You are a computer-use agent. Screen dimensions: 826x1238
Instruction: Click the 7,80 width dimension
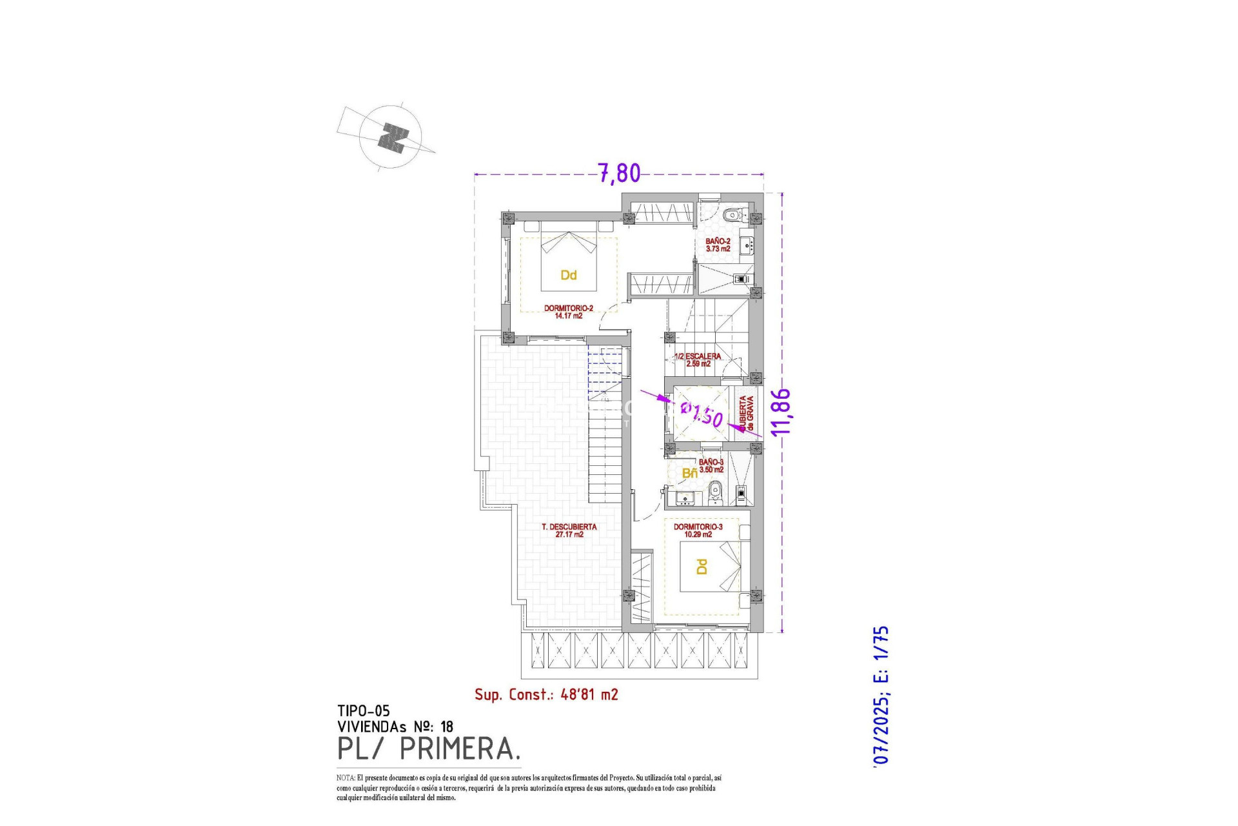[x=619, y=173]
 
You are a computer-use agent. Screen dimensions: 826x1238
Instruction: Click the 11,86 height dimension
[x=781, y=412]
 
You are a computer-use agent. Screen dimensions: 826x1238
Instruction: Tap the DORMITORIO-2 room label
[x=568, y=312]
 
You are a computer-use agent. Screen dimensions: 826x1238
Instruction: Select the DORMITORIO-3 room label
[x=698, y=530]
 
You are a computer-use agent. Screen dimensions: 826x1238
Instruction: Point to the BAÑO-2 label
[x=718, y=245]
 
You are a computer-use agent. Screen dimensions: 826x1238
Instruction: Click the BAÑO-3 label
[x=711, y=466]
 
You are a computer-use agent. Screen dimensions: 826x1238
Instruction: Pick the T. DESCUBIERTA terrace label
[x=569, y=530]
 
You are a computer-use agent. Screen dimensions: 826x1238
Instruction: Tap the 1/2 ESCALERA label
[x=698, y=359]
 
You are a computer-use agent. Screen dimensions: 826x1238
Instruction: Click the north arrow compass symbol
[x=391, y=137]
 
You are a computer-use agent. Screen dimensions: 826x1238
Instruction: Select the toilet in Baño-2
[x=732, y=215]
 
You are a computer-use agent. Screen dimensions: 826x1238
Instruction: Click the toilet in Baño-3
[x=714, y=495]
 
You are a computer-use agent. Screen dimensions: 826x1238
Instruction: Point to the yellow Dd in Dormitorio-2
[x=568, y=276]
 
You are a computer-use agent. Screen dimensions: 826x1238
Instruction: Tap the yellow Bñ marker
[x=689, y=474]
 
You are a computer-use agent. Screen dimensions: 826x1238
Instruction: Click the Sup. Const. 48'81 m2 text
[x=546, y=694]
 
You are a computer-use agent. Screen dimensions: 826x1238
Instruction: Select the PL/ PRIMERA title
[x=428, y=749]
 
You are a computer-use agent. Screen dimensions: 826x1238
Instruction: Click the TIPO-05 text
[x=363, y=711]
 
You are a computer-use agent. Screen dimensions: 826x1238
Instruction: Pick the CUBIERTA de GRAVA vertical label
[x=746, y=414]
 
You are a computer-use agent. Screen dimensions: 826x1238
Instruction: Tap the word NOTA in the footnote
[x=345, y=778]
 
